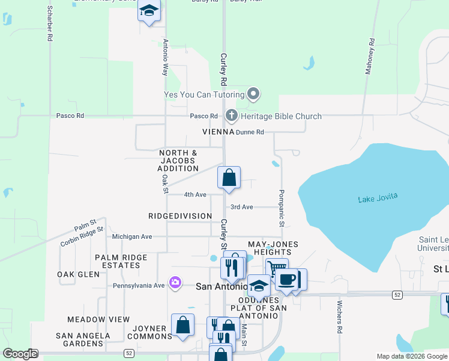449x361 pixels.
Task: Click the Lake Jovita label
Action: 378,199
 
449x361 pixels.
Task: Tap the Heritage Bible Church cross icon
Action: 231,116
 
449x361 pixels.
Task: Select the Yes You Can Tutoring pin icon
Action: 253,94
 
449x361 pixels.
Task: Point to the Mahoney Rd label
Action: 370,57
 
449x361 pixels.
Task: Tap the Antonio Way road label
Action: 165,57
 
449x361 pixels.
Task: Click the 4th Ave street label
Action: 195,195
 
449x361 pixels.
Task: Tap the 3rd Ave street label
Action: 242,207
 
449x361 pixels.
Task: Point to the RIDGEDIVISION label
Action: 180,216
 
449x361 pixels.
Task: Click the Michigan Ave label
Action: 132,237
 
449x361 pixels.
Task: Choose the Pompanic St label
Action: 281,208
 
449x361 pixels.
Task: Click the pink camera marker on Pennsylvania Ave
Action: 175,282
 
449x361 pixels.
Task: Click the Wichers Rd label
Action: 339,317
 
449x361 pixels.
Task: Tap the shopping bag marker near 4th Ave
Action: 229,177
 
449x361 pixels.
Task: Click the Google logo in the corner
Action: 20,354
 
